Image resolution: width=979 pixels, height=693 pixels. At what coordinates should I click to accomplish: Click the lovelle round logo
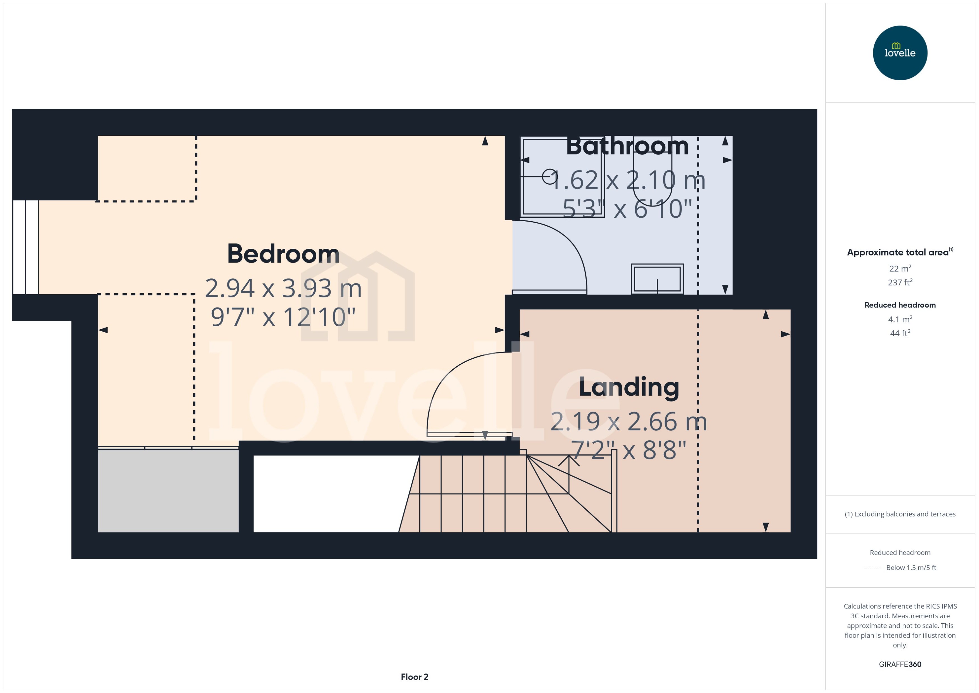900,53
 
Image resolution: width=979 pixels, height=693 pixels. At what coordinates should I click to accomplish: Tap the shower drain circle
549,176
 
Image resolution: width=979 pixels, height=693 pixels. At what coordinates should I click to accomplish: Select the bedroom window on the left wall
26,247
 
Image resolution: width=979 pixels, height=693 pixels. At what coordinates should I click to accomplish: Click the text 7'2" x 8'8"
628,450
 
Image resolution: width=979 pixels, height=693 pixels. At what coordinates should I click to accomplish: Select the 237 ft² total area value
900,283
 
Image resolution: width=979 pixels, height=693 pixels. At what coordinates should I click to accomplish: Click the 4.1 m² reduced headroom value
900,319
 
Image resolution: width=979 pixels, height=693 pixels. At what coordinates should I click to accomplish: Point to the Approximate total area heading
898,252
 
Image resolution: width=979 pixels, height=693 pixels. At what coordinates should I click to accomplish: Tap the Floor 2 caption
414,677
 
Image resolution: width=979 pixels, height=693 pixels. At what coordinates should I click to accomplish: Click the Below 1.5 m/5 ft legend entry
911,568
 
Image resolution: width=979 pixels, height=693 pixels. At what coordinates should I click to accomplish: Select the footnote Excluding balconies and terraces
900,514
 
